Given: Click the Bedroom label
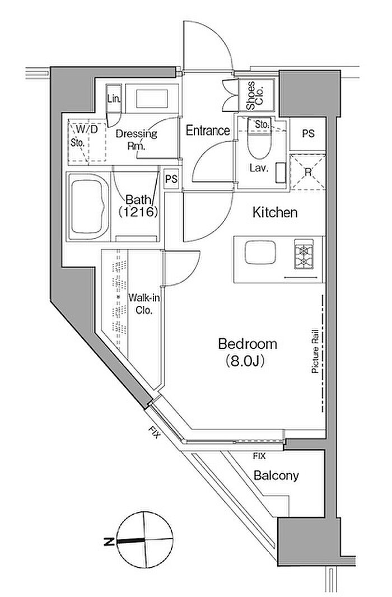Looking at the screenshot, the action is click(248, 344).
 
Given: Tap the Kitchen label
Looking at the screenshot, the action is click(275, 212).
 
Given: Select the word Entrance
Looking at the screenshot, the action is click(208, 130).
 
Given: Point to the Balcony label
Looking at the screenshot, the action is click(276, 475).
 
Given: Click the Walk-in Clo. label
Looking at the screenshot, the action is click(144, 304).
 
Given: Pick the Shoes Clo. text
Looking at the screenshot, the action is click(256, 96).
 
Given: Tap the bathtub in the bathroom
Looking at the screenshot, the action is click(88, 206).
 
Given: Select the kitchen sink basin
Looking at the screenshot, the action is click(260, 252).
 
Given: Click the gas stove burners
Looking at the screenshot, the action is click(304, 254).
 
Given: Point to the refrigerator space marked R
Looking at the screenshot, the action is click(308, 172).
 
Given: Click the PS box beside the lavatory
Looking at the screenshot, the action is click(308, 134).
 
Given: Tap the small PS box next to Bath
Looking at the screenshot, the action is click(172, 178).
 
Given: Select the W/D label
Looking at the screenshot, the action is click(87, 129).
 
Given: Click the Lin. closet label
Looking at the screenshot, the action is click(114, 99).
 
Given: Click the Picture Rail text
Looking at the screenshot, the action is click(315, 351).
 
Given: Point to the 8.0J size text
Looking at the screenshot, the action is click(245, 360).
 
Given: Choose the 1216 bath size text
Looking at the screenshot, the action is click(138, 212).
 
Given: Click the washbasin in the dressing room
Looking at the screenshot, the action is click(152, 99).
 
